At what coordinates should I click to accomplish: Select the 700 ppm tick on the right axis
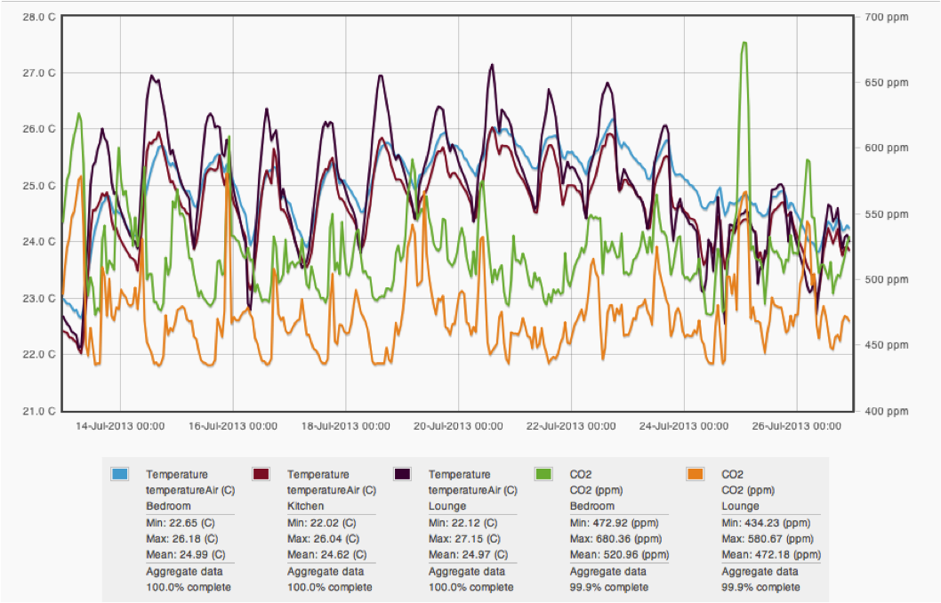tap(884, 17)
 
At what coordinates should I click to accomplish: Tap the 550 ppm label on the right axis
tap(884, 214)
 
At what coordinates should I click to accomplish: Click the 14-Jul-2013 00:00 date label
tap(119, 426)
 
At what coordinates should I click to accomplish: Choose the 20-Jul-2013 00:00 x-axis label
tap(458, 426)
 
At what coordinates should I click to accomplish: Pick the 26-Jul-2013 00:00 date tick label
tap(797, 426)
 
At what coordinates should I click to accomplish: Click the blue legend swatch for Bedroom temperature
tap(120, 474)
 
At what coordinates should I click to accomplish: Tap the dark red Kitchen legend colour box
tap(261, 474)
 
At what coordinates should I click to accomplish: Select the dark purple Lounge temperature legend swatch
tap(402, 474)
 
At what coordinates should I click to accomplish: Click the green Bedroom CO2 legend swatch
tap(543, 474)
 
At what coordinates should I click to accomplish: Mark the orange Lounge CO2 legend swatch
tap(696, 474)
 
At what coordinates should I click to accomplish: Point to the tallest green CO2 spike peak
tap(744, 42)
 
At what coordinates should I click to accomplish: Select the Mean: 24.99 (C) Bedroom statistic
tap(180, 554)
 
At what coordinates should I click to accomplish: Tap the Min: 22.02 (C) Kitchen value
tap(320, 523)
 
